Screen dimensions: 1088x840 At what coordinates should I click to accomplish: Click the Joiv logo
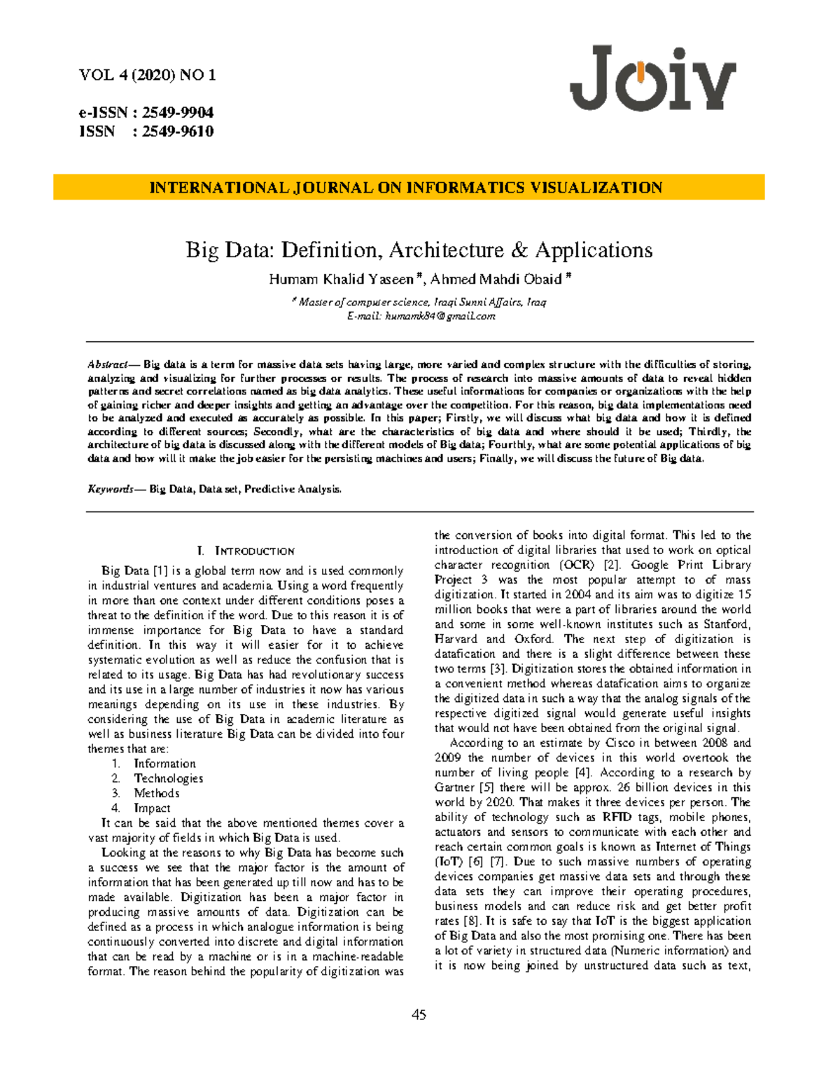pyautogui.click(x=652, y=78)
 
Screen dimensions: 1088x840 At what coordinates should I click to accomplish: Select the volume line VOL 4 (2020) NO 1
pyautogui.click(x=148, y=76)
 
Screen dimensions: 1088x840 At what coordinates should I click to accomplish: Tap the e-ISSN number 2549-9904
pyautogui.click(x=178, y=113)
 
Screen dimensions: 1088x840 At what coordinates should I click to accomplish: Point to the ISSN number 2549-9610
pyautogui.click(x=178, y=132)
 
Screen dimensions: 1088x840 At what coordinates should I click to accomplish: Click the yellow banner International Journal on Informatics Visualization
pyautogui.click(x=409, y=188)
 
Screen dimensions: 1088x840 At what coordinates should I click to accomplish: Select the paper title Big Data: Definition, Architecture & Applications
pyautogui.click(x=419, y=250)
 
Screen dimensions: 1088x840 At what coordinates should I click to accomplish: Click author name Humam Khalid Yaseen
pyautogui.click(x=342, y=280)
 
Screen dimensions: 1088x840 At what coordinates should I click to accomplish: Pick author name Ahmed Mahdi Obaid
pyautogui.click(x=496, y=280)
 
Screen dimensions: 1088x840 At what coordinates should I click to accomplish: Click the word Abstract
pyautogui.click(x=106, y=365)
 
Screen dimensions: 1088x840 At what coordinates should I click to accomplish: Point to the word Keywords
pyautogui.click(x=110, y=489)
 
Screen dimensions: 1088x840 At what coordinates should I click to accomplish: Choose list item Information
pyautogui.click(x=164, y=764)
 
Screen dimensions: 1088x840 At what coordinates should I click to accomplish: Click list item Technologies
pyautogui.click(x=169, y=778)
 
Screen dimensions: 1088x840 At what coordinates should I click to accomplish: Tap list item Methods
pyautogui.click(x=157, y=793)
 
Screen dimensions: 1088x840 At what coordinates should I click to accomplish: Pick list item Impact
pyautogui.click(x=152, y=808)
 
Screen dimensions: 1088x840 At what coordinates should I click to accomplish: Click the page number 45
pyautogui.click(x=419, y=1015)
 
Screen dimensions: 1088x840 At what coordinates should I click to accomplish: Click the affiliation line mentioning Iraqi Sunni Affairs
pyautogui.click(x=421, y=303)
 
